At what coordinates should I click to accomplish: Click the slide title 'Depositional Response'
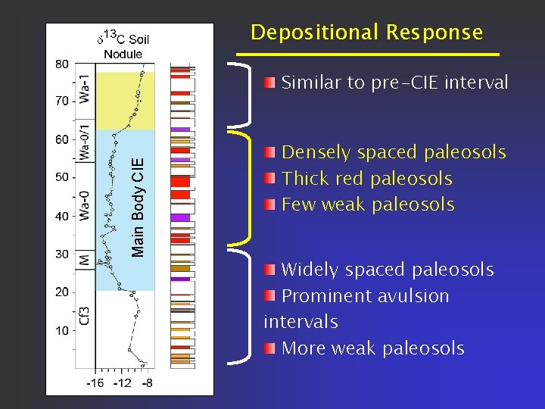pyautogui.click(x=366, y=33)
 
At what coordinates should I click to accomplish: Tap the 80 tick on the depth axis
pyautogui.click(x=61, y=63)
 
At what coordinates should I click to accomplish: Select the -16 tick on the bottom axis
pyautogui.click(x=95, y=383)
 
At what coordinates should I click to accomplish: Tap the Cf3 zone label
pyautogui.click(x=86, y=315)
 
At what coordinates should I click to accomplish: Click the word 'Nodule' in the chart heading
pyautogui.click(x=123, y=54)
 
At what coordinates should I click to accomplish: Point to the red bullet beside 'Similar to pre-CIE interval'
pyautogui.click(x=270, y=83)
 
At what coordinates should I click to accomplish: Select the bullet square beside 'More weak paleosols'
pyautogui.click(x=270, y=348)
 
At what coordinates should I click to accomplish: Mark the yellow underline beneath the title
pyautogui.click(x=368, y=55)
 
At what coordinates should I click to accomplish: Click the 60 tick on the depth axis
pyautogui.click(x=61, y=139)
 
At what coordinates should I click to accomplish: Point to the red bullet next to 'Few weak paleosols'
pyautogui.click(x=270, y=204)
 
